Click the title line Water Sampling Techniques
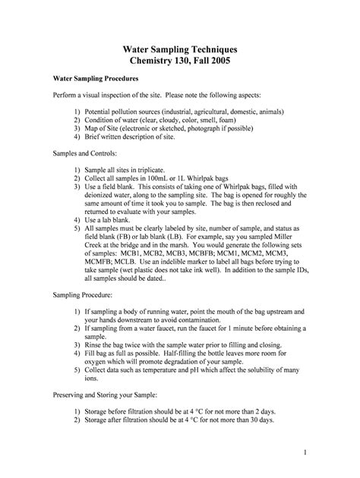click(x=180, y=47)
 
